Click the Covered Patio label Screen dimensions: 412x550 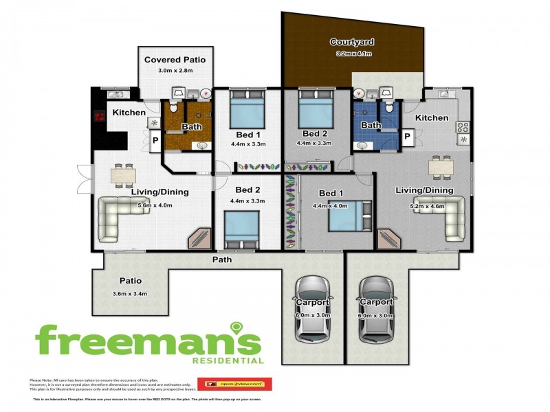175,60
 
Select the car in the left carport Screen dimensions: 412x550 313,308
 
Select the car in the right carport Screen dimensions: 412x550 376,308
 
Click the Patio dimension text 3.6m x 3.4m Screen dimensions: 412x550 129,294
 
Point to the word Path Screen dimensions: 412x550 221,260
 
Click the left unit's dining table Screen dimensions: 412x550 125,174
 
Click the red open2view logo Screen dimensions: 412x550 234,383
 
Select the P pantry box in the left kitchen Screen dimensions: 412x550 155,141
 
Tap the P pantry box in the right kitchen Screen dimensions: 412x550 408,137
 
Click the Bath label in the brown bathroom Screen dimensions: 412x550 191,127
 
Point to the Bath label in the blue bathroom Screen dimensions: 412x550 371,126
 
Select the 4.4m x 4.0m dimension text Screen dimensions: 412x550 330,205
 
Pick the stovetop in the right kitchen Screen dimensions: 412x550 463,127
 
